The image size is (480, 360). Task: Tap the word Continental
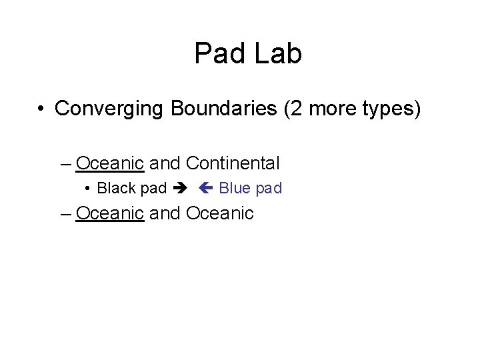(x=233, y=163)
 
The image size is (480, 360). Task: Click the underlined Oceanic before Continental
(x=110, y=163)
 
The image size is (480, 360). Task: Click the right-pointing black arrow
(x=181, y=189)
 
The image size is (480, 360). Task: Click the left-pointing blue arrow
(x=205, y=189)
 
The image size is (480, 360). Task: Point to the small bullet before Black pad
(x=89, y=189)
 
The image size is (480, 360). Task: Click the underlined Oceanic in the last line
(x=110, y=213)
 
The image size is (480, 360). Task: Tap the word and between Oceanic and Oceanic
(x=165, y=213)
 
